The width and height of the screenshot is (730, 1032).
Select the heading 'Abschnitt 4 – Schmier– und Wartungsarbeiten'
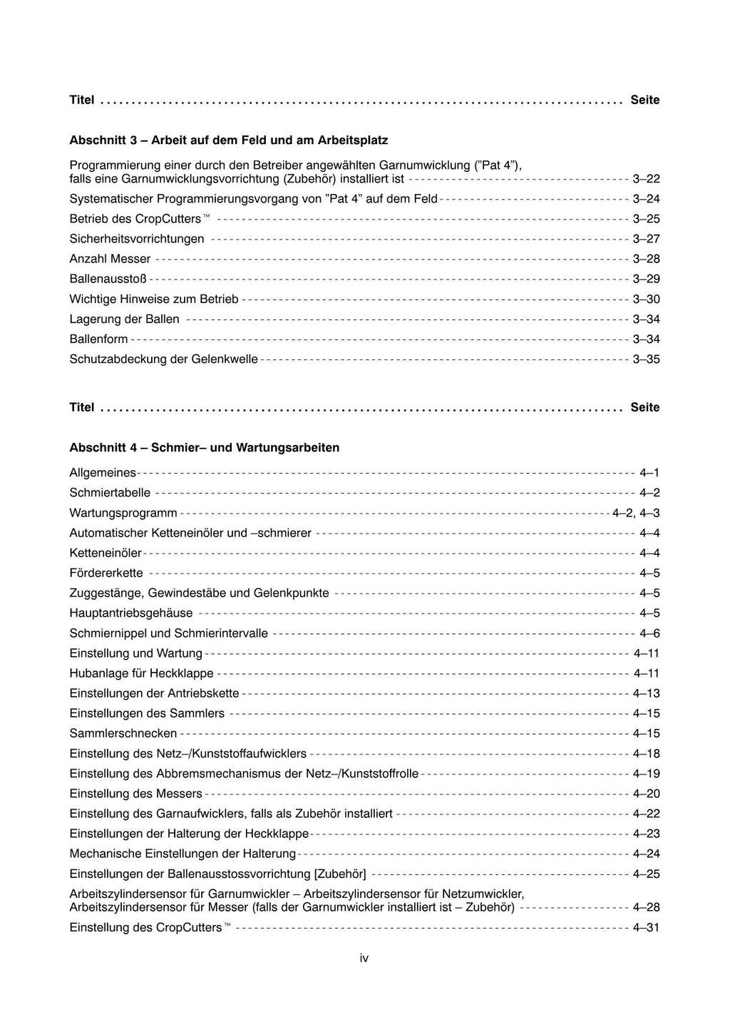[204, 448]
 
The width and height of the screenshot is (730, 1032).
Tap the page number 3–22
[646, 179]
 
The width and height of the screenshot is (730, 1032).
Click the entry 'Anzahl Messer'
[110, 259]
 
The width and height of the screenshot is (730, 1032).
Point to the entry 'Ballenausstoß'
[108, 279]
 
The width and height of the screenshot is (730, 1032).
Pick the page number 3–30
[646, 300]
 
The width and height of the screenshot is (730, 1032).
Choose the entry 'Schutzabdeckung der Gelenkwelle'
[163, 359]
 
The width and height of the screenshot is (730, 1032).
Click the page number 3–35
[646, 359]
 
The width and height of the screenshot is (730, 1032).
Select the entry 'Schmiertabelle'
[110, 493]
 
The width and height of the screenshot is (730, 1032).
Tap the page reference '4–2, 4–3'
[636, 513]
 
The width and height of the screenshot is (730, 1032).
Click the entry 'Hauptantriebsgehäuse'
[131, 613]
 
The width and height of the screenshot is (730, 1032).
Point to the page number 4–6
[649, 633]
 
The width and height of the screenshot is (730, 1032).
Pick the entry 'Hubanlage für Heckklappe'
[141, 673]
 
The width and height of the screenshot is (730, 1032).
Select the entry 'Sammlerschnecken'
[123, 733]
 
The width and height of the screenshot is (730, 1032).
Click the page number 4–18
[646, 754]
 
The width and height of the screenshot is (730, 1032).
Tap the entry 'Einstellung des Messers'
[135, 794]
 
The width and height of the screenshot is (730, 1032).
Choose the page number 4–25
[646, 874]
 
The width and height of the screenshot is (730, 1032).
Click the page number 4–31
[646, 928]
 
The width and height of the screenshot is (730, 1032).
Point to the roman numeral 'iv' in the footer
[364, 959]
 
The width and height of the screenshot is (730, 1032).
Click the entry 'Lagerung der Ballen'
[124, 320]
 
